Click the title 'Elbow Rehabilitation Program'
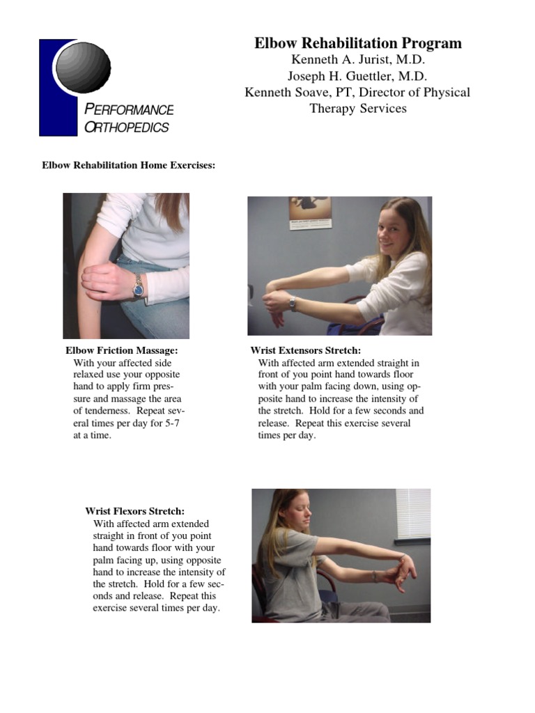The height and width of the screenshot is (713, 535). (x=357, y=43)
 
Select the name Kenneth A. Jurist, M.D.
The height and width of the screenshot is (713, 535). (x=357, y=60)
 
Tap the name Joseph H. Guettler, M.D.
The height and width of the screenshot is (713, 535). (x=357, y=76)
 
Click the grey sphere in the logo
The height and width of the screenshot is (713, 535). (x=83, y=67)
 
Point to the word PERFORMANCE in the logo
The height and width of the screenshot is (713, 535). (x=128, y=110)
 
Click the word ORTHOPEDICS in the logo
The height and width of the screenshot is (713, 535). (x=126, y=127)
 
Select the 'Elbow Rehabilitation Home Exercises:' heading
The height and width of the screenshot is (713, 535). (x=129, y=166)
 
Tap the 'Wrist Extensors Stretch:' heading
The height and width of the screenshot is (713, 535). (x=306, y=350)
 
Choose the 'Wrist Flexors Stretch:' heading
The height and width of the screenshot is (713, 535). (x=135, y=511)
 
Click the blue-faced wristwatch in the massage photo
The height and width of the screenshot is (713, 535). (x=138, y=286)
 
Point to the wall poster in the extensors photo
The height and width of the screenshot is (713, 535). (x=310, y=212)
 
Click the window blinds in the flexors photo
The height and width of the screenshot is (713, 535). (x=413, y=514)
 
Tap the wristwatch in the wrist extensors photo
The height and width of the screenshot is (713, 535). (x=293, y=303)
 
